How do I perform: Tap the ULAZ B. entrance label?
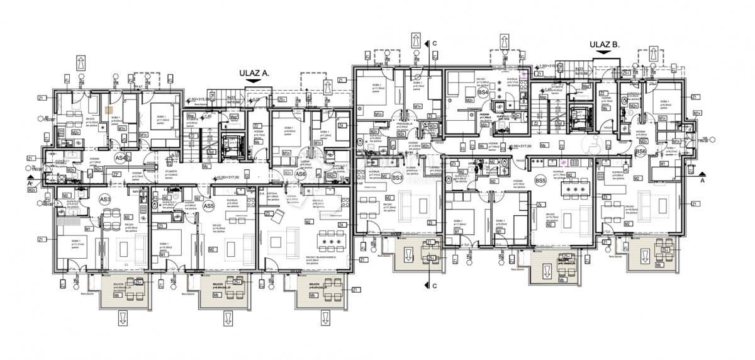coord(605,45)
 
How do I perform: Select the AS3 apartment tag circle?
coord(104,200)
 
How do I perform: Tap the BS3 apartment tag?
coord(397,178)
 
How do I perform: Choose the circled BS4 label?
coord(483,93)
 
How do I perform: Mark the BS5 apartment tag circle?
coord(540,181)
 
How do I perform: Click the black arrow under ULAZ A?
coord(254,81)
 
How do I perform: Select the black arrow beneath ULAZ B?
coord(605,54)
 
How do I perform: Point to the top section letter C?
coord(434,43)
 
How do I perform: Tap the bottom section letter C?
coord(434,286)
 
